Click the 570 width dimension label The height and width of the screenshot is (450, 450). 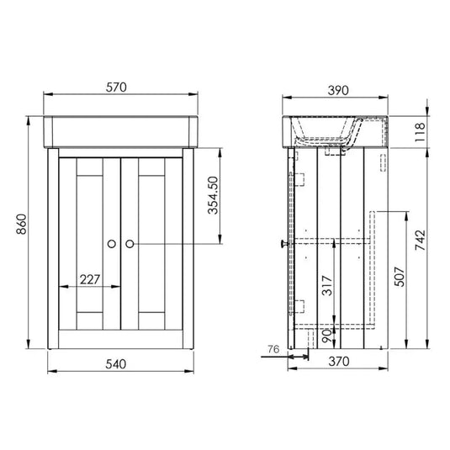(118, 88)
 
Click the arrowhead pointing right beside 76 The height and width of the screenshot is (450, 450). (284, 355)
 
